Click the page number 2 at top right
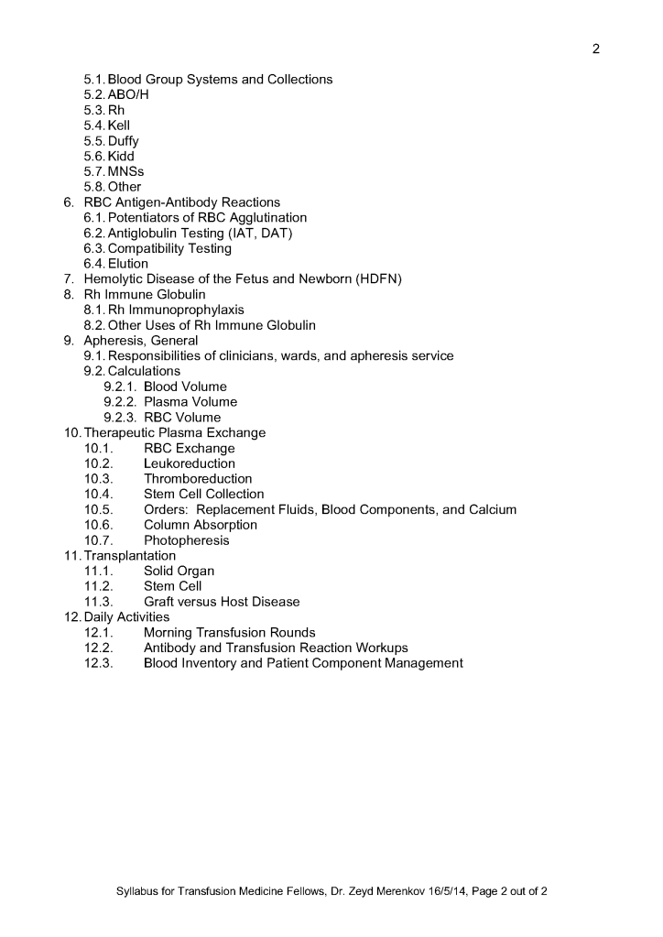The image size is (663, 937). pos(596,49)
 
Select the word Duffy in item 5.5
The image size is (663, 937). pos(123,141)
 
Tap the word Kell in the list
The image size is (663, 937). pos(119,125)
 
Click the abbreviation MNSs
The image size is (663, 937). pos(125,171)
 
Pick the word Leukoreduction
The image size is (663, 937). pos(190,463)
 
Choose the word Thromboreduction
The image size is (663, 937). pos(198,479)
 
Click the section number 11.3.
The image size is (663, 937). pos(98,602)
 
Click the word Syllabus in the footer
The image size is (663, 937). pos(140,891)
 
